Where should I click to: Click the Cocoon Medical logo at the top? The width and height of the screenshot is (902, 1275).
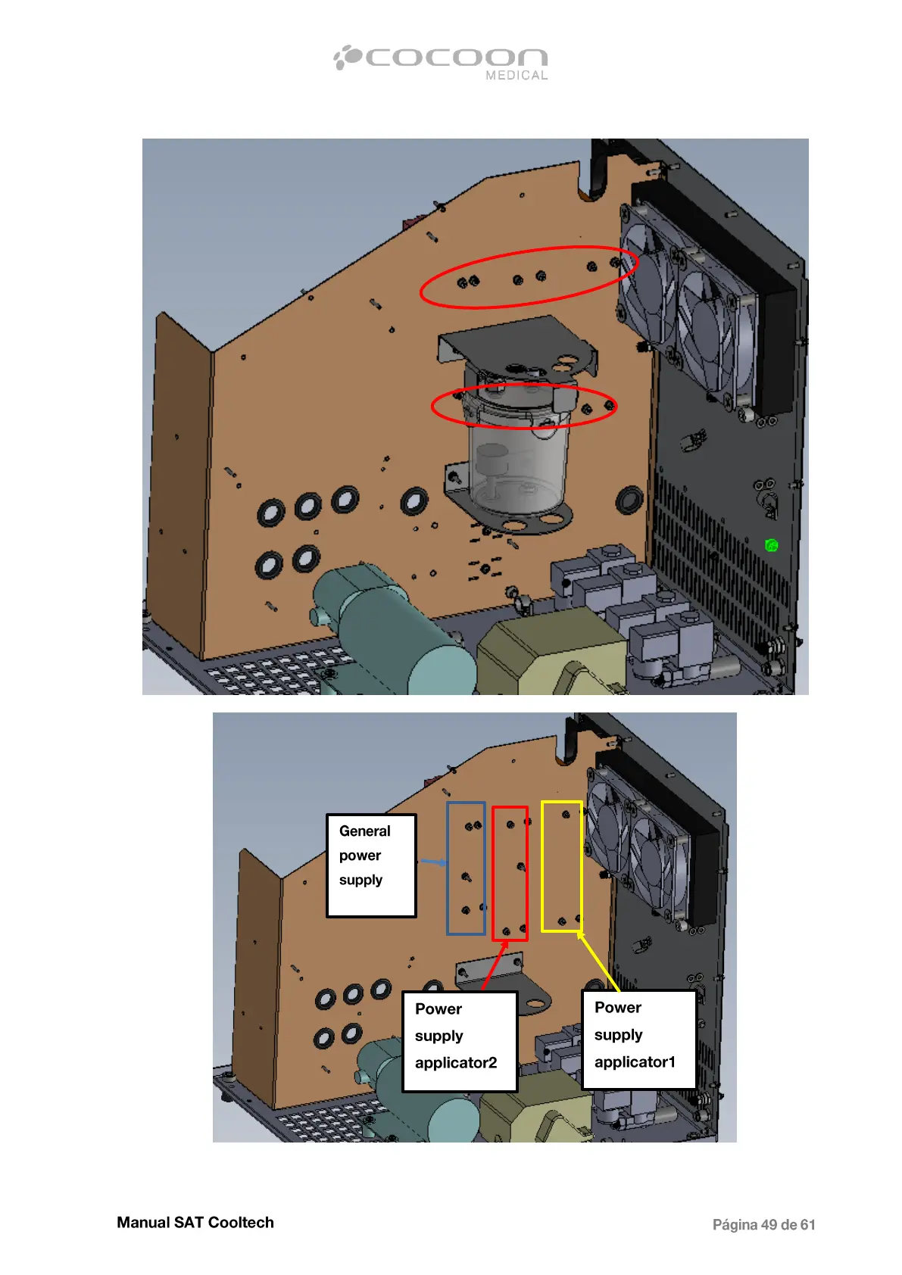click(442, 60)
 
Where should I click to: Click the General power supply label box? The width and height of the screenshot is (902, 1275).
click(371, 865)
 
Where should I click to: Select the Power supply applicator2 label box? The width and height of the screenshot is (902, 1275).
click(460, 1041)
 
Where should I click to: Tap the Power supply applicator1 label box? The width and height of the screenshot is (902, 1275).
click(638, 1039)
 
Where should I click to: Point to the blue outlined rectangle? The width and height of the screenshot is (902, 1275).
click(466, 868)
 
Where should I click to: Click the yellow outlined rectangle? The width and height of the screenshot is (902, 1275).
click(562, 866)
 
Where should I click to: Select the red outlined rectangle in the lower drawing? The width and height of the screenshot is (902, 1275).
click(510, 873)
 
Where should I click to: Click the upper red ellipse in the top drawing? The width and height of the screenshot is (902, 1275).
click(529, 277)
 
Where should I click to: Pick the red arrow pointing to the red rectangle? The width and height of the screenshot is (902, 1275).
click(495, 965)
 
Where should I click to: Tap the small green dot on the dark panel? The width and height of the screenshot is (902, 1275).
click(771, 545)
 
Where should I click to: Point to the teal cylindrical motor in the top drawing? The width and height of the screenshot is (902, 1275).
click(394, 628)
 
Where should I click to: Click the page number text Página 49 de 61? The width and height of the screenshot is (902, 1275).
click(763, 1224)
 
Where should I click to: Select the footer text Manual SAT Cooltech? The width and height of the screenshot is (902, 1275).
click(195, 1222)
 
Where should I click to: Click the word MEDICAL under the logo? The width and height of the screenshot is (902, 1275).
click(517, 76)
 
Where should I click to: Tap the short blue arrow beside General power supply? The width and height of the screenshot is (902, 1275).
click(433, 862)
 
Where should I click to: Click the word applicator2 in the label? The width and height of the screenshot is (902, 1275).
click(456, 1062)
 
